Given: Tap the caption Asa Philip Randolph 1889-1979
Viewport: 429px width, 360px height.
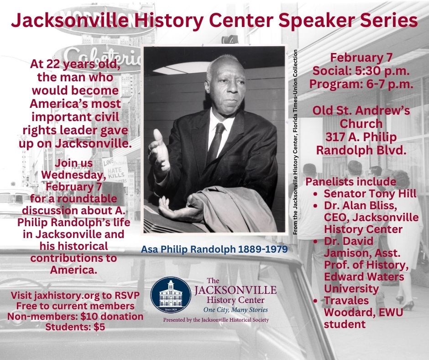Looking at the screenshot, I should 214,249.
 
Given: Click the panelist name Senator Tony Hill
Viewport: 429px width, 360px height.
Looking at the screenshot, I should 370,193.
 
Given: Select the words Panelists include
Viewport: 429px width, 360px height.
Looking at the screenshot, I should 351,181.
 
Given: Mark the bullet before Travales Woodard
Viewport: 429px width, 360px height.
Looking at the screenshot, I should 316,301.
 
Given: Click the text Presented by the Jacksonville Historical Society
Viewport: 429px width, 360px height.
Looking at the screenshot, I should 216,320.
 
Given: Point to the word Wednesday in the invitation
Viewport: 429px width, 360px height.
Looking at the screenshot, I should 74,175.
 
